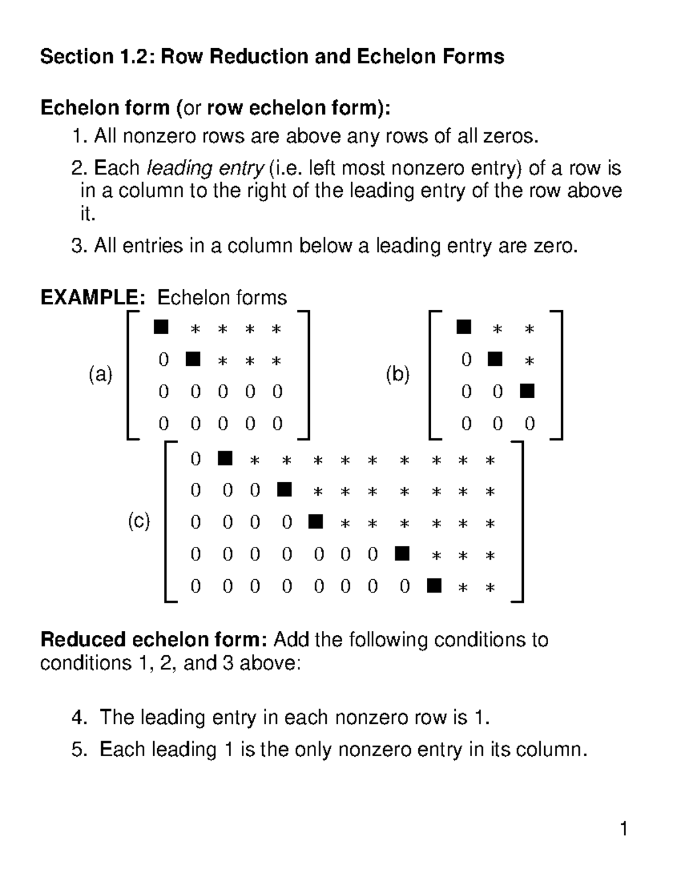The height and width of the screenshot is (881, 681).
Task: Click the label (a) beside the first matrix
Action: [100, 375]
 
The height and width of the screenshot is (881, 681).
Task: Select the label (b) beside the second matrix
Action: [398, 375]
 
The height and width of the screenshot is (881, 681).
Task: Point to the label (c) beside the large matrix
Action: [138, 521]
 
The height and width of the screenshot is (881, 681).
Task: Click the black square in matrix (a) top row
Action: [161, 327]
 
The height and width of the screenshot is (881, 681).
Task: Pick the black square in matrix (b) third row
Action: [527, 391]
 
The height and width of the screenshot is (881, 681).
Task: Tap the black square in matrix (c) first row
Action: [225, 458]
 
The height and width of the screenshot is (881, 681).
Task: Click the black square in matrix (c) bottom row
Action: [434, 585]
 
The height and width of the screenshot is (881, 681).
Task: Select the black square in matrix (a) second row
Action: [193, 359]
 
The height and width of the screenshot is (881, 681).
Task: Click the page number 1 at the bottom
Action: [624, 829]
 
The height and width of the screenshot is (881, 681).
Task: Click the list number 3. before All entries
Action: [79, 246]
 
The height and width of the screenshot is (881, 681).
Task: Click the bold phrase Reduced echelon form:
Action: [153, 640]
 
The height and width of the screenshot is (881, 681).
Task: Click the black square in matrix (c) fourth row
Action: [402, 553]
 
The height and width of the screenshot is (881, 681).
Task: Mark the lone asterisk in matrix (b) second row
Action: [529, 361]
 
